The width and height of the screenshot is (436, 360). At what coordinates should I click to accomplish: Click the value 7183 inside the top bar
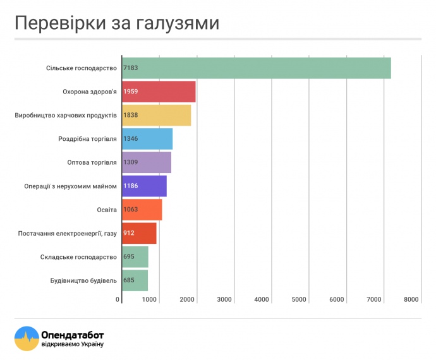(131, 68)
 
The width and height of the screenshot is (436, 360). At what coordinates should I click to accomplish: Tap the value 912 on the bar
(129, 233)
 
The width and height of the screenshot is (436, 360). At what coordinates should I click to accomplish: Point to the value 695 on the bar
(129, 257)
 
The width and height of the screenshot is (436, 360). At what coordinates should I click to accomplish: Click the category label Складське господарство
(78, 257)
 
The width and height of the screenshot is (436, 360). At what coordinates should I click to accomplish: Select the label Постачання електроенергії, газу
(68, 233)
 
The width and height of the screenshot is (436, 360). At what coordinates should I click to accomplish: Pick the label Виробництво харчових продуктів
(66, 115)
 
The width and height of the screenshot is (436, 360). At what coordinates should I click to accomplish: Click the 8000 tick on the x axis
(412, 299)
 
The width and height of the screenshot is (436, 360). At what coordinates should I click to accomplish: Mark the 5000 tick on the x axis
(299, 299)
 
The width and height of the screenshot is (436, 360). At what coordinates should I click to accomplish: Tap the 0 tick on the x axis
(118, 299)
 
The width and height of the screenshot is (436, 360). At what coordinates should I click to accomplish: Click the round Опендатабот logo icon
(27, 339)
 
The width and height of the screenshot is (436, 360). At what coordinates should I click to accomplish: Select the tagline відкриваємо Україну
(72, 344)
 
